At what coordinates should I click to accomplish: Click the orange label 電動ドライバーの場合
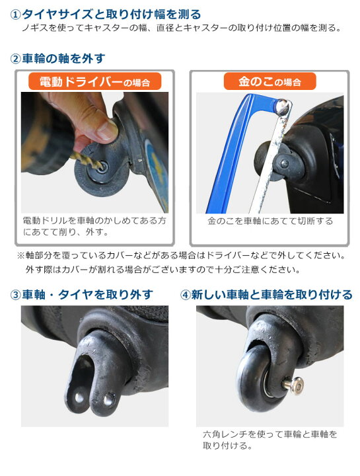pos(94,81)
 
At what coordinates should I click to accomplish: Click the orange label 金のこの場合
pos(270,81)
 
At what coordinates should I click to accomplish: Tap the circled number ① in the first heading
pos(15,15)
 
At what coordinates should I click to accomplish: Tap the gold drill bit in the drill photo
pos(87,159)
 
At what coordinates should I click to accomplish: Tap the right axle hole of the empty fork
pos(108,401)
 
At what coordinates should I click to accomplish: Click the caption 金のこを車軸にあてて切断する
pos(270,221)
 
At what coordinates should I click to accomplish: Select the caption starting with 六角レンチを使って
pos(270,440)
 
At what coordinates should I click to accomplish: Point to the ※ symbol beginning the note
pos(20,256)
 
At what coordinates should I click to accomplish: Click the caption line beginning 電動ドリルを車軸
pos(94,221)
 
